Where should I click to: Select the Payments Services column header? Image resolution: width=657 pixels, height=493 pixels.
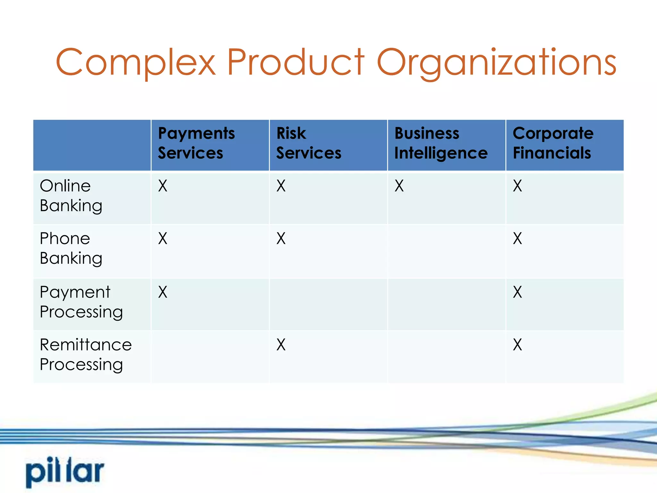(x=196, y=143)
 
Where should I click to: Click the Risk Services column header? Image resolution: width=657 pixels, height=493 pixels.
(x=309, y=143)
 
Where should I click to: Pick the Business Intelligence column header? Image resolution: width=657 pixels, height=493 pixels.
(x=441, y=143)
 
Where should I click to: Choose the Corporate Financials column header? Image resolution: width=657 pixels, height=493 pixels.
(x=553, y=143)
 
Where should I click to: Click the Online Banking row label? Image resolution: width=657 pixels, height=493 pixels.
(x=71, y=195)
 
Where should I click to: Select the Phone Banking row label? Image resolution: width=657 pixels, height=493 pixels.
(x=71, y=248)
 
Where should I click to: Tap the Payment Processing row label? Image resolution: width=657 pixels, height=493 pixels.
(x=81, y=302)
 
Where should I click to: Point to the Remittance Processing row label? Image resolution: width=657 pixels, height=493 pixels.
(x=85, y=354)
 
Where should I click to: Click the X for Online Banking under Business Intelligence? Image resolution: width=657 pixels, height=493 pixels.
(x=399, y=186)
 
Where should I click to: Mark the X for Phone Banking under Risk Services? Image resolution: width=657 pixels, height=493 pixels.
(x=281, y=238)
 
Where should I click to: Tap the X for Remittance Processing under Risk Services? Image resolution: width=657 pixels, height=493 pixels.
(x=281, y=345)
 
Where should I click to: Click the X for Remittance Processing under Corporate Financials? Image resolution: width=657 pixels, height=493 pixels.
(x=517, y=345)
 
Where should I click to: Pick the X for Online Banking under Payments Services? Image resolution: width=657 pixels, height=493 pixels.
(x=163, y=186)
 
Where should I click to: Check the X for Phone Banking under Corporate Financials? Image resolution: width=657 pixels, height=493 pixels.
(x=517, y=238)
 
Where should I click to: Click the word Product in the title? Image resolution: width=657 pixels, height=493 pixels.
(x=295, y=62)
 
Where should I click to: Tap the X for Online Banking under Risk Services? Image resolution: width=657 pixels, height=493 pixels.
(x=281, y=186)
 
